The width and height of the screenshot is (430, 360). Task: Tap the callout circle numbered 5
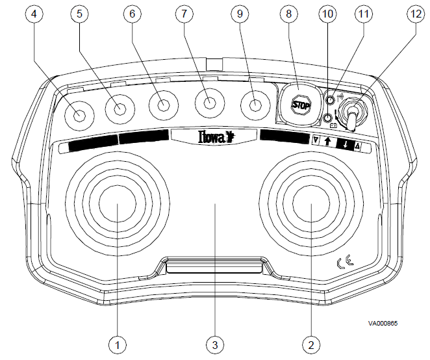(x=79, y=13)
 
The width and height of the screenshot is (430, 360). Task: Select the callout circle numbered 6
(x=133, y=13)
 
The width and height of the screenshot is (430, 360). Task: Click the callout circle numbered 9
(x=242, y=13)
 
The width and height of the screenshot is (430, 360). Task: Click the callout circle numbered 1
(x=118, y=343)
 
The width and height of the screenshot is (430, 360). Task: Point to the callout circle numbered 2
(x=312, y=343)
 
